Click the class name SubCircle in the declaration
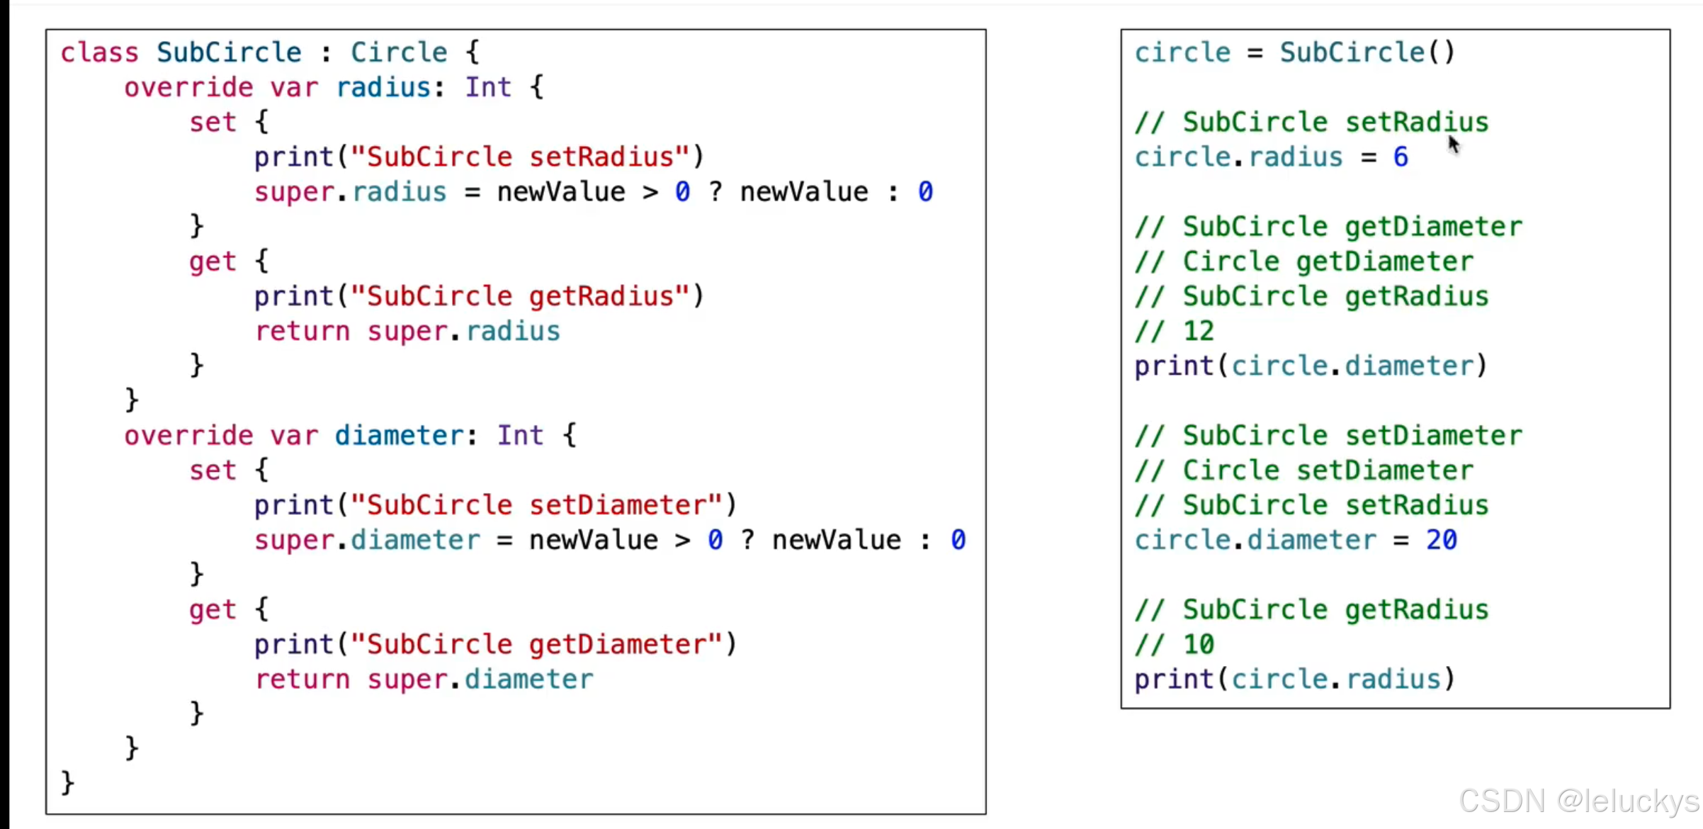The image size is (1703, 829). coord(229,52)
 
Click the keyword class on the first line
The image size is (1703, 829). coord(99,52)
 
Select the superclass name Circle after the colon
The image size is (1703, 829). coord(399,52)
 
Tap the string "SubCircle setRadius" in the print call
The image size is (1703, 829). coord(520,157)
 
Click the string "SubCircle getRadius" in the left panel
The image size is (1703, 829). coord(520,296)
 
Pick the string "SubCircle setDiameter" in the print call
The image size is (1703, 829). coord(536,505)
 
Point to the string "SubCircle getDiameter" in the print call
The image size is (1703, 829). coord(536,645)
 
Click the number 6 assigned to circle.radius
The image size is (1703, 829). coord(1401,157)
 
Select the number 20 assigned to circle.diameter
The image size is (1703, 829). coord(1442,541)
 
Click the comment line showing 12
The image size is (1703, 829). coord(1175,332)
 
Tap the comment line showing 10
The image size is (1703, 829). coord(1175,645)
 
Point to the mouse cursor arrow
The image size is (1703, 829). coord(1453,144)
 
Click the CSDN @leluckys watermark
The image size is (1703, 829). coord(1578,801)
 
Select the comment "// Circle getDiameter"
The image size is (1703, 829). coord(1303,262)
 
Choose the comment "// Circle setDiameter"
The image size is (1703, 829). coord(1303,470)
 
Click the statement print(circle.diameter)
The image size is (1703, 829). coord(1311,366)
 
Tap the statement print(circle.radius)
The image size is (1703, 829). coord(1294,679)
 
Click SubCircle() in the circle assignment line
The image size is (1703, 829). coord(1367,52)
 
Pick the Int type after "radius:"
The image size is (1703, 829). coord(487,88)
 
